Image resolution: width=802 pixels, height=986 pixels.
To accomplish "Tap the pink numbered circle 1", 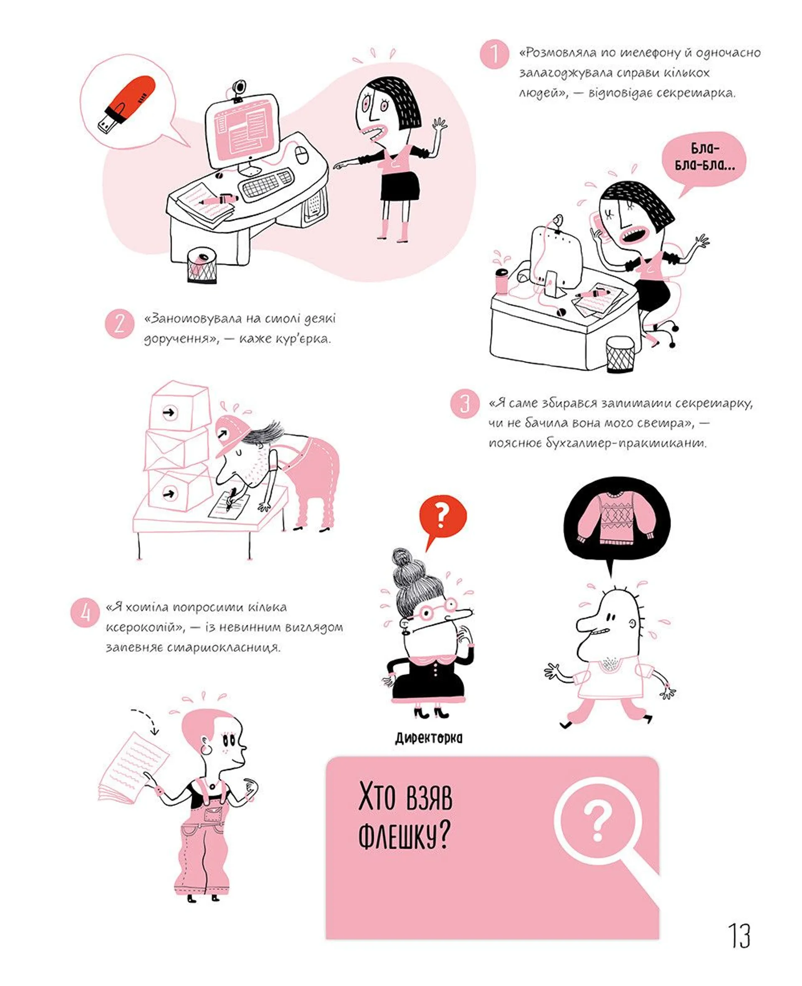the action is pyautogui.click(x=494, y=54).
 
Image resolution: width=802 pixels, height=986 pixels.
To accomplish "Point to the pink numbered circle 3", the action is pyautogui.click(x=465, y=404).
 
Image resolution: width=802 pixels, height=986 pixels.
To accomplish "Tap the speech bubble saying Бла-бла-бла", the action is pyautogui.click(x=703, y=160).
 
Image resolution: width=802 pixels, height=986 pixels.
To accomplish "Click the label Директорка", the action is pyautogui.click(x=428, y=738).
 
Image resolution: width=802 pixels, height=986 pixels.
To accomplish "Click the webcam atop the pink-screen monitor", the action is pyautogui.click(x=239, y=90).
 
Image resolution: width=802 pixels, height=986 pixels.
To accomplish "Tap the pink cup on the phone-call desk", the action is pyautogui.click(x=501, y=280).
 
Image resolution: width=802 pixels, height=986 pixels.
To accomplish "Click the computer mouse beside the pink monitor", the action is pyautogui.click(x=302, y=154).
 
